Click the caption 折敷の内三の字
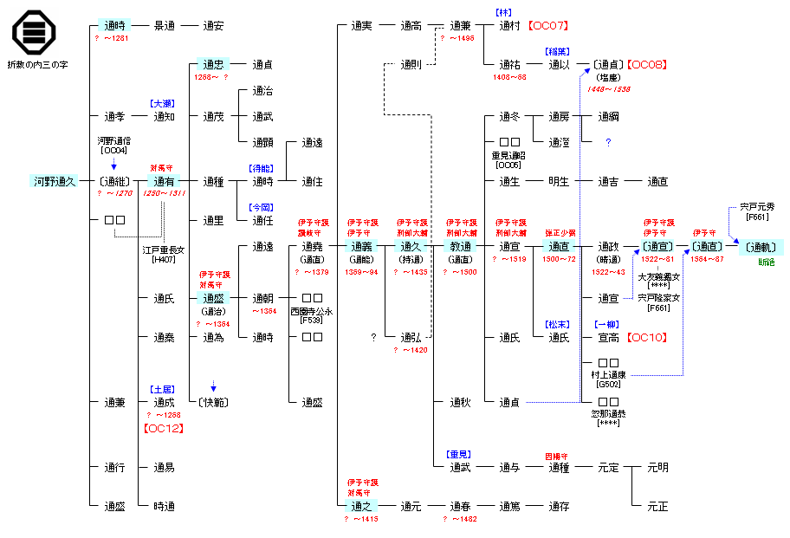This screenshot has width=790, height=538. click(37, 65)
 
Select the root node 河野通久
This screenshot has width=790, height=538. click(55, 182)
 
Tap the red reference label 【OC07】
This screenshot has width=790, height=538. click(547, 26)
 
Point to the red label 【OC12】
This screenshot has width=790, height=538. click(164, 427)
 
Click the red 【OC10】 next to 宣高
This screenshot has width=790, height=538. click(646, 338)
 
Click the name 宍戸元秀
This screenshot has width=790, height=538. click(758, 207)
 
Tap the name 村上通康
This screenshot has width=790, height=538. click(609, 374)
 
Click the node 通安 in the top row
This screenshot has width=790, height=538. click(213, 26)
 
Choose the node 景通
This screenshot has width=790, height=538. click(165, 26)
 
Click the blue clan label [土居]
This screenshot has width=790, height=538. click(163, 390)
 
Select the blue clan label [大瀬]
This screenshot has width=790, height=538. click(163, 103)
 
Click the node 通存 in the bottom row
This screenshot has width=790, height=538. click(559, 506)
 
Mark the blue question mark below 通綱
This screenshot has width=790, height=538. click(608, 142)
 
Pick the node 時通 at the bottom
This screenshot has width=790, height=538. click(165, 506)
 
